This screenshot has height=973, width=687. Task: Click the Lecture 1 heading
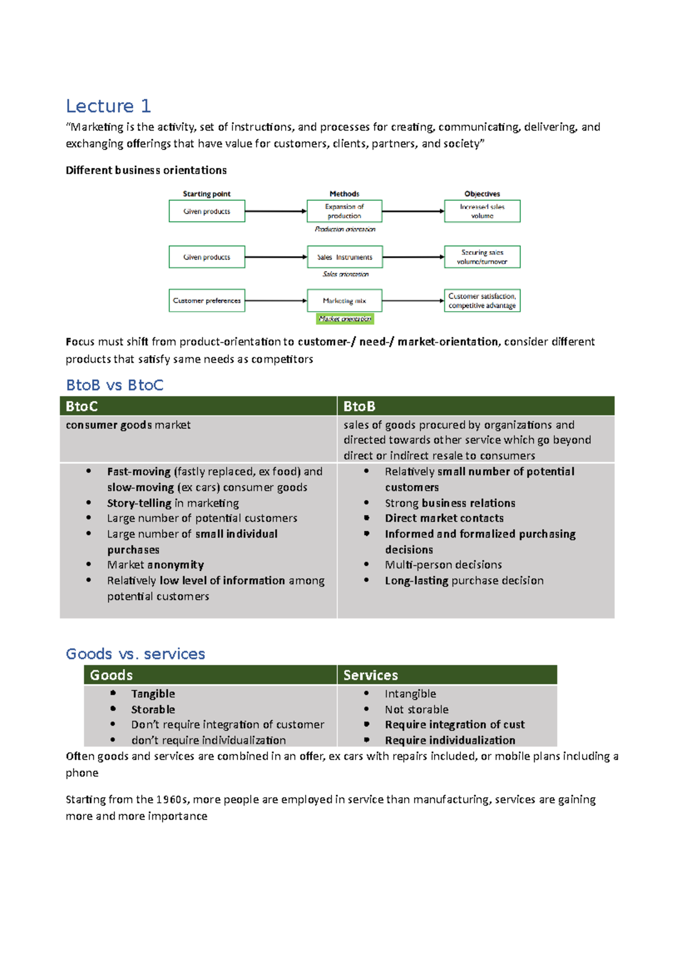pos(108,106)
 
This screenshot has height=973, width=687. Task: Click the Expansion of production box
pos(344,211)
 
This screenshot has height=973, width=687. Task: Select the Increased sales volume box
pos(482,211)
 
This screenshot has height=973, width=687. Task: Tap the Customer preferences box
pos(207,300)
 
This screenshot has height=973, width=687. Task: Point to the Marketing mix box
pos(344,300)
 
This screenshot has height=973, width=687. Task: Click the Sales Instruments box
pos(344,257)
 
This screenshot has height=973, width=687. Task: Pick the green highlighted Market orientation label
pos(345,319)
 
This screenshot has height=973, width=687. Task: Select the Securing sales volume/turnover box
pos(482,257)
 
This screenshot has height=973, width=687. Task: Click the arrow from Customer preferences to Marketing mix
pos(275,300)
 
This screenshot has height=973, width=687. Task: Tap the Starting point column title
pos(207,194)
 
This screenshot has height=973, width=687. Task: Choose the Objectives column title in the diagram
pos(482,194)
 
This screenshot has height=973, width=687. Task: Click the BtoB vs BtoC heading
pos(114,385)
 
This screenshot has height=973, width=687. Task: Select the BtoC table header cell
pos(198,406)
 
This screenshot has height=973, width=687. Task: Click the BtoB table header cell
pos(476,406)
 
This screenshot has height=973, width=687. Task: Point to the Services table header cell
pos(447,675)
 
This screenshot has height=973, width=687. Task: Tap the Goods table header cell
pos(210,675)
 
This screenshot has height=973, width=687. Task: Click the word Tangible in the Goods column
pos(153,694)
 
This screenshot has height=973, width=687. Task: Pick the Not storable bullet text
pos(417,709)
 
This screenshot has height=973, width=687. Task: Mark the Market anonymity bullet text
pos(155,565)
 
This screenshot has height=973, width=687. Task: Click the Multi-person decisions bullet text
pos(443,565)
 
